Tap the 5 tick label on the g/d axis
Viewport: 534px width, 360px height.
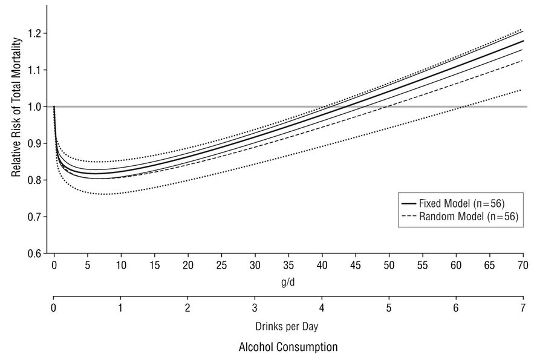coord(88,265)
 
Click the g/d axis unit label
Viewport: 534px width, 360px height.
coord(288,282)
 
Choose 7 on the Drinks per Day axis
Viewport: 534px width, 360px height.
coord(523,307)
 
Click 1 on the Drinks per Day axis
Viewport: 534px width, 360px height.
coord(121,307)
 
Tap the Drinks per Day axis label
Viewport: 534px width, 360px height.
coord(288,326)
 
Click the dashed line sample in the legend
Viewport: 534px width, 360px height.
coord(408,215)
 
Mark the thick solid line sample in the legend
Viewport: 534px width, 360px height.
coord(408,202)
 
